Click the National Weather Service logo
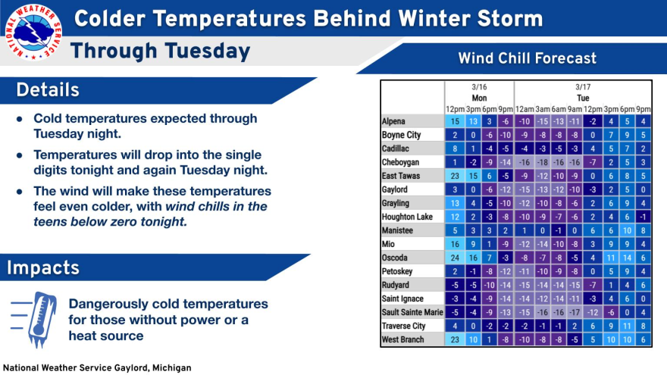tap(33, 33)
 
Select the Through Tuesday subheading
tap(160, 52)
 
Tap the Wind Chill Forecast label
tap(527, 58)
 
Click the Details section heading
tap(48, 90)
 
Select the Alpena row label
tap(395, 121)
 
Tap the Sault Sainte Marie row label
tap(412, 312)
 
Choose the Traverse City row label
tap(404, 326)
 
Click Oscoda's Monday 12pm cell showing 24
tap(454, 258)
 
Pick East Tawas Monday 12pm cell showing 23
tap(454, 176)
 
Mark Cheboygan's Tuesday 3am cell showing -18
tap(542, 162)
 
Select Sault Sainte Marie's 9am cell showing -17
tap(576, 312)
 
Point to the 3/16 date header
tap(479, 87)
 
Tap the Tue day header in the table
tap(583, 98)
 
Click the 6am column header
tap(559, 109)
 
